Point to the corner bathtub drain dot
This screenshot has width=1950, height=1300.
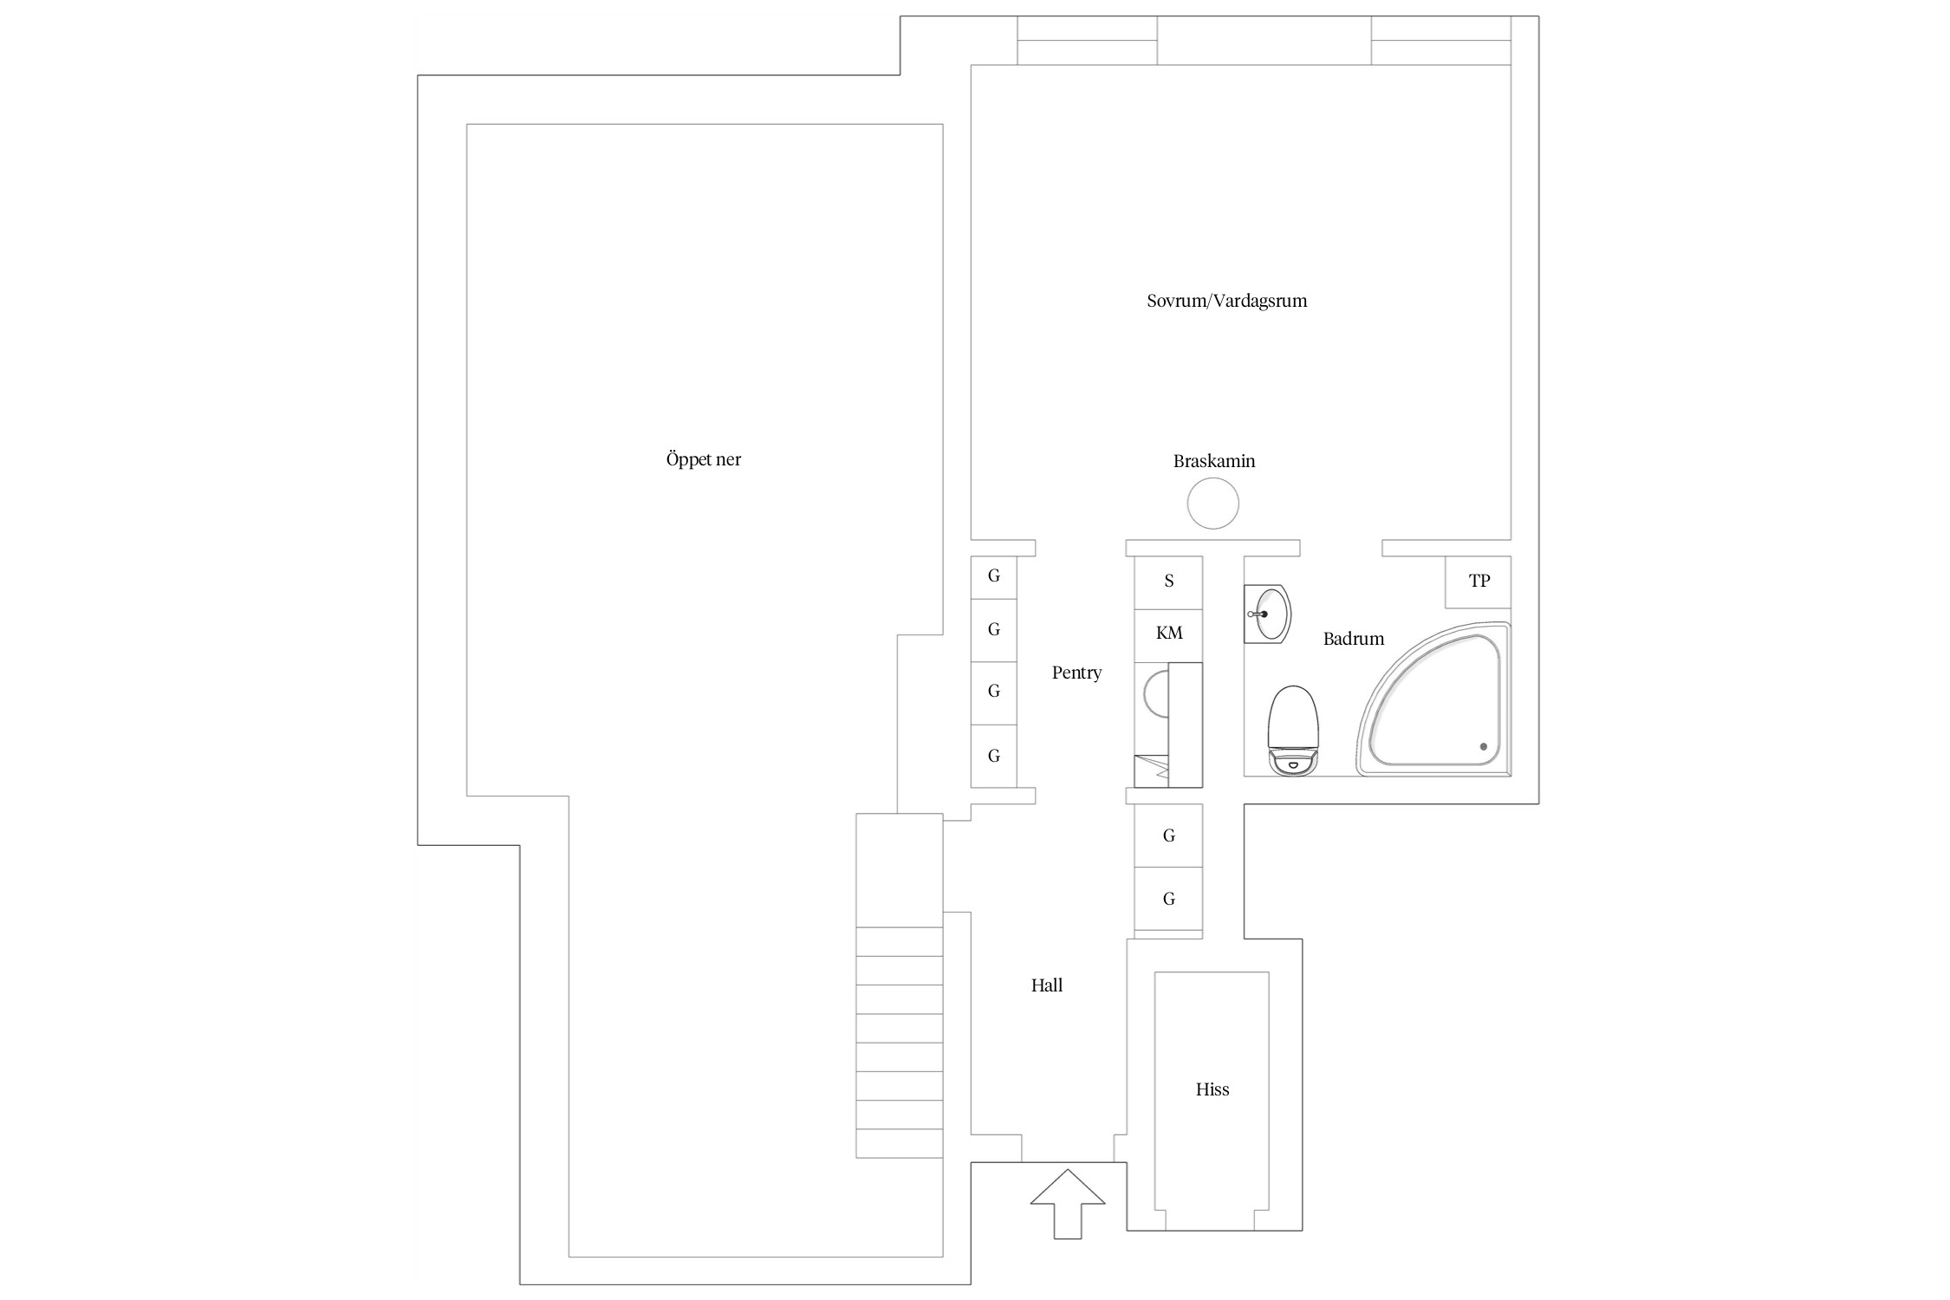[1484, 746]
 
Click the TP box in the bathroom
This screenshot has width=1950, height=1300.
[1479, 582]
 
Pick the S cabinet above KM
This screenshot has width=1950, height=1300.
[1169, 582]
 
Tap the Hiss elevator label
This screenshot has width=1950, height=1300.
[1212, 1089]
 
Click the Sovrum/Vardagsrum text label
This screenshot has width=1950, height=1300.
[1226, 301]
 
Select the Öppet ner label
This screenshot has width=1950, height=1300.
[703, 459]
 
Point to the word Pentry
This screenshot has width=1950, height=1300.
[1076, 673]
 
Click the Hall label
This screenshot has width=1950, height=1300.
[1047, 985]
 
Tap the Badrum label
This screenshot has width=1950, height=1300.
[1354, 639]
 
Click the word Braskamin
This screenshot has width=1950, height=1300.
[1214, 461]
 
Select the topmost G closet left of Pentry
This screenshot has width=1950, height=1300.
[993, 577]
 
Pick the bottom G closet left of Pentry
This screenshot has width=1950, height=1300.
[993, 756]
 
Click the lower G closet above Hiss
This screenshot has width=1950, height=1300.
[1169, 899]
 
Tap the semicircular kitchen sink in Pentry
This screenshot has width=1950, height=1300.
[1156, 694]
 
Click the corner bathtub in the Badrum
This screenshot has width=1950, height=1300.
[1434, 699]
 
